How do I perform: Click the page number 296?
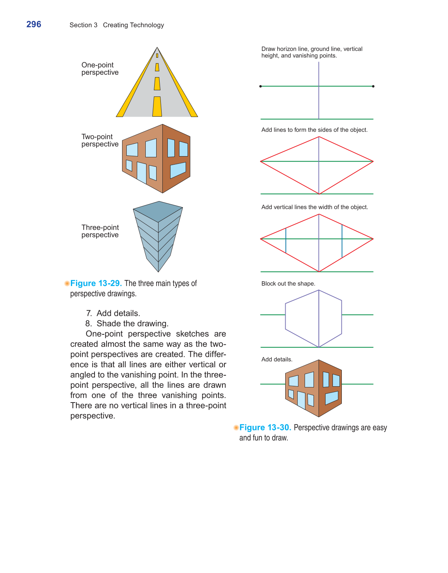34,24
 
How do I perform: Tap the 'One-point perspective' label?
100,69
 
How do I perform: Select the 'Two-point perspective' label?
100,140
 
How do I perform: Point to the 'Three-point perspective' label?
100,231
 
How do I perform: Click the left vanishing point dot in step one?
260,86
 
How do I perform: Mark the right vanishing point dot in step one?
373,86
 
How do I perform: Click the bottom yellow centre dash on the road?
157,106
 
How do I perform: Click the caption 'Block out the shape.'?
288,284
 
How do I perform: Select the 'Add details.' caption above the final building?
277,360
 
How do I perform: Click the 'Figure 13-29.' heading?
96,283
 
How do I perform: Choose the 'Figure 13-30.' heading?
265,427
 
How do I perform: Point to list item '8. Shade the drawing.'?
127,323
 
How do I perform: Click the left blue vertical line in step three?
286,241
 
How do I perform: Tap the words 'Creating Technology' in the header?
133,25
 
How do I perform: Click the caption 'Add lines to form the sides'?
314,130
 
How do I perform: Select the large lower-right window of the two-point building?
178,170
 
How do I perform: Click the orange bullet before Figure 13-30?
236,427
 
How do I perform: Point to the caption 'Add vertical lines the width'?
314,207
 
